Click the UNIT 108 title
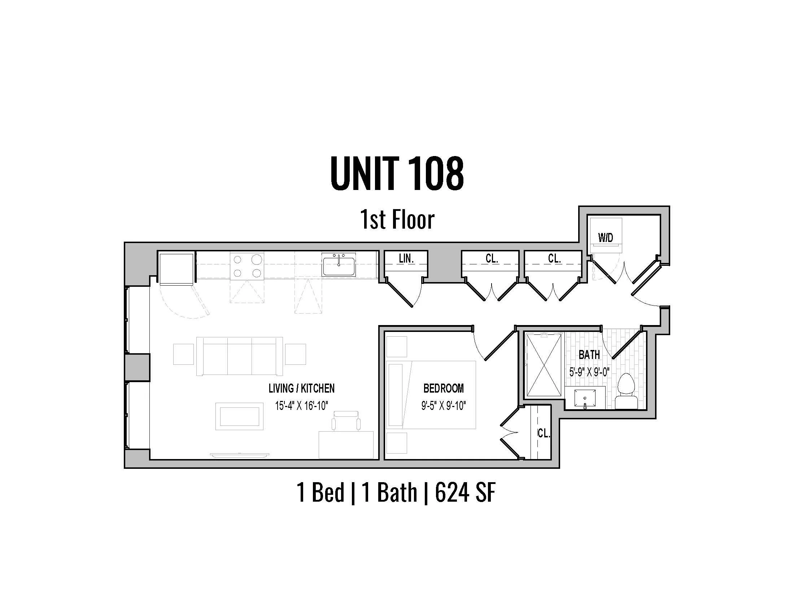coord(397,174)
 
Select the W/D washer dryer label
coord(606,238)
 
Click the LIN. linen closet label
coord(406,259)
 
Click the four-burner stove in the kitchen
coord(247,266)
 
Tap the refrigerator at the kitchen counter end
coord(176,268)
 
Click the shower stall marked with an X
coord(544,365)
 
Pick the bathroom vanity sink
coord(585,398)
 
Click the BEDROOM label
coord(444,388)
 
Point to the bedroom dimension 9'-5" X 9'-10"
coord(444,405)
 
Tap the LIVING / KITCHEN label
coord(301,388)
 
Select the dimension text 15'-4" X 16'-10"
coord(301,405)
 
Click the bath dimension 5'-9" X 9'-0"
coord(589,372)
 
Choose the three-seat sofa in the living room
coord(239,356)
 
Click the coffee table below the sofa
coord(239,416)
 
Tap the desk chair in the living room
coord(346,421)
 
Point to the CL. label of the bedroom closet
coord(544,433)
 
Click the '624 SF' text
coord(465,493)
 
